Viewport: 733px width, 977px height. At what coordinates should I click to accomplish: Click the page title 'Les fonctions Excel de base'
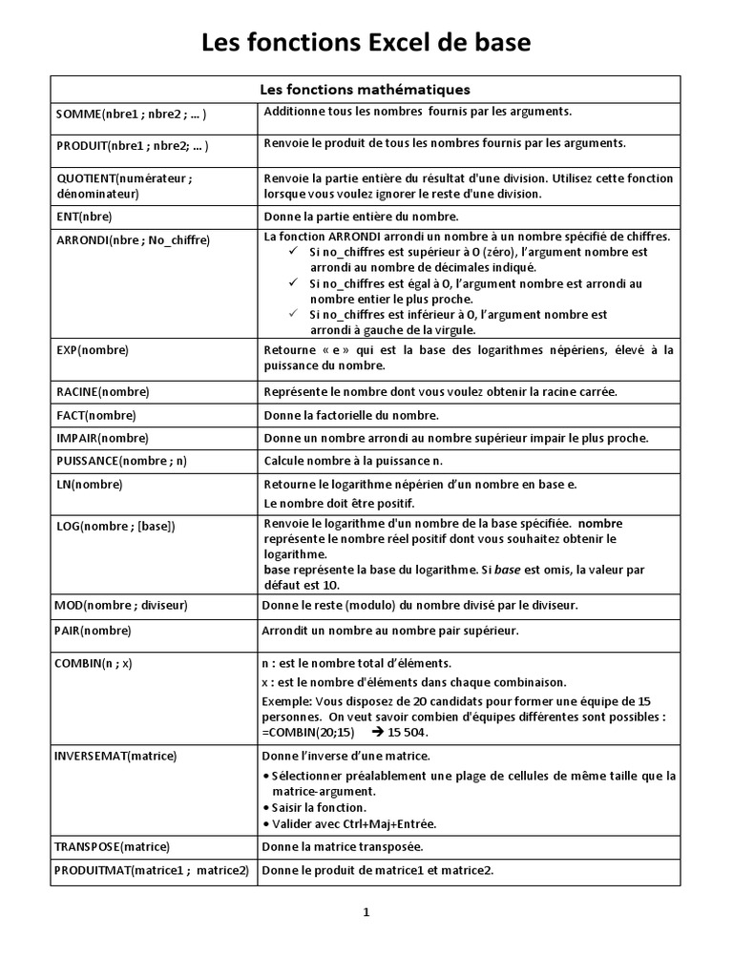point(366,44)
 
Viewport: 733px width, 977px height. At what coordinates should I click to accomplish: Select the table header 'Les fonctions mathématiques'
point(366,90)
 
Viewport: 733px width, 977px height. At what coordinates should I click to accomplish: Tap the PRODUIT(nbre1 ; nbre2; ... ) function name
point(133,146)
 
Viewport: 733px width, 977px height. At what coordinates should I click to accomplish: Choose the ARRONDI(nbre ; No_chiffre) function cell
point(133,239)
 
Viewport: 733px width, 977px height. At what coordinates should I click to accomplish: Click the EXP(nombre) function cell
point(93,350)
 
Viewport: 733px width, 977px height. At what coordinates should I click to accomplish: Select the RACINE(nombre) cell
point(103,392)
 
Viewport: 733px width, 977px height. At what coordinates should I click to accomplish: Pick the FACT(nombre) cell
point(96,415)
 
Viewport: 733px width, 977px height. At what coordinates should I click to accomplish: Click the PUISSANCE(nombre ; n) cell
point(122,461)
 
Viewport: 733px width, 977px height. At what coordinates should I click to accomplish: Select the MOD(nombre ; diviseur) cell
point(122,605)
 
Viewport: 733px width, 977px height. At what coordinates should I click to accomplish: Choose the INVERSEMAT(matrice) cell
point(117,756)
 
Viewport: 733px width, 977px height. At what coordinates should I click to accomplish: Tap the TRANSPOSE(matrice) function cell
point(114,846)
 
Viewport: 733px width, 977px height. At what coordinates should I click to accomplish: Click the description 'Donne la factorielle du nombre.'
point(350,415)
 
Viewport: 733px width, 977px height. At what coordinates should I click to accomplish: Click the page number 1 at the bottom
point(366,912)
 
